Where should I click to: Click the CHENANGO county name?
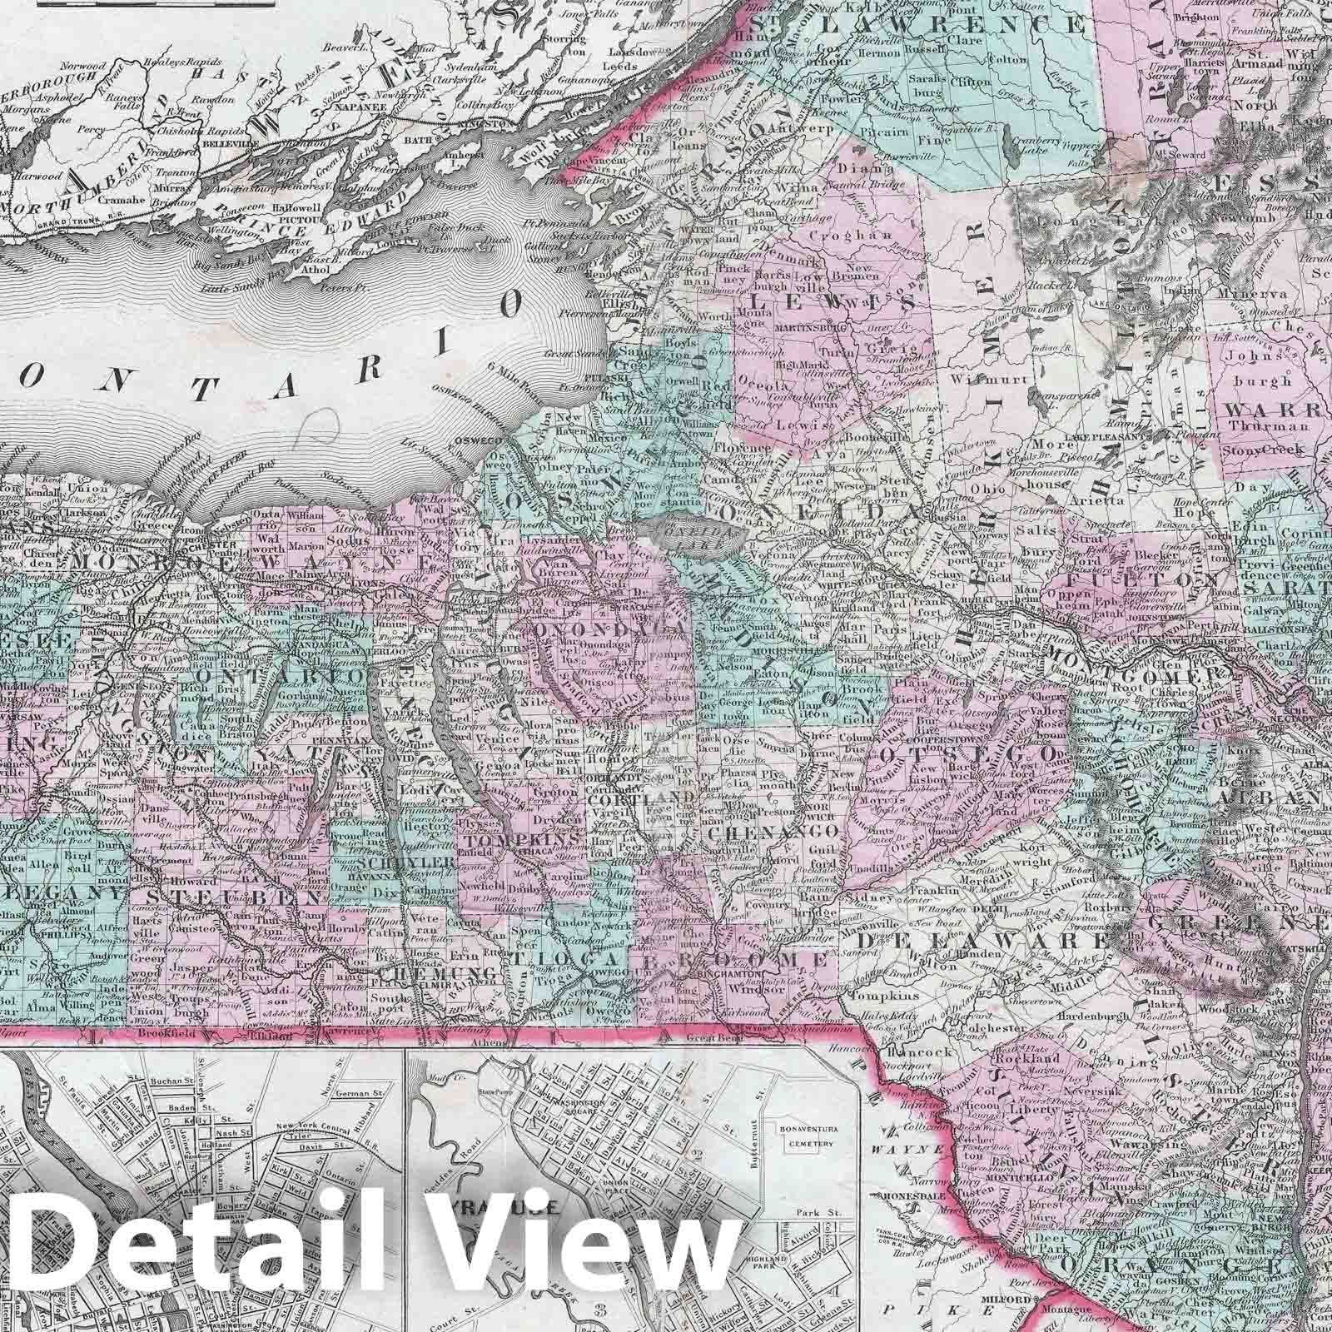[x=772, y=832]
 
